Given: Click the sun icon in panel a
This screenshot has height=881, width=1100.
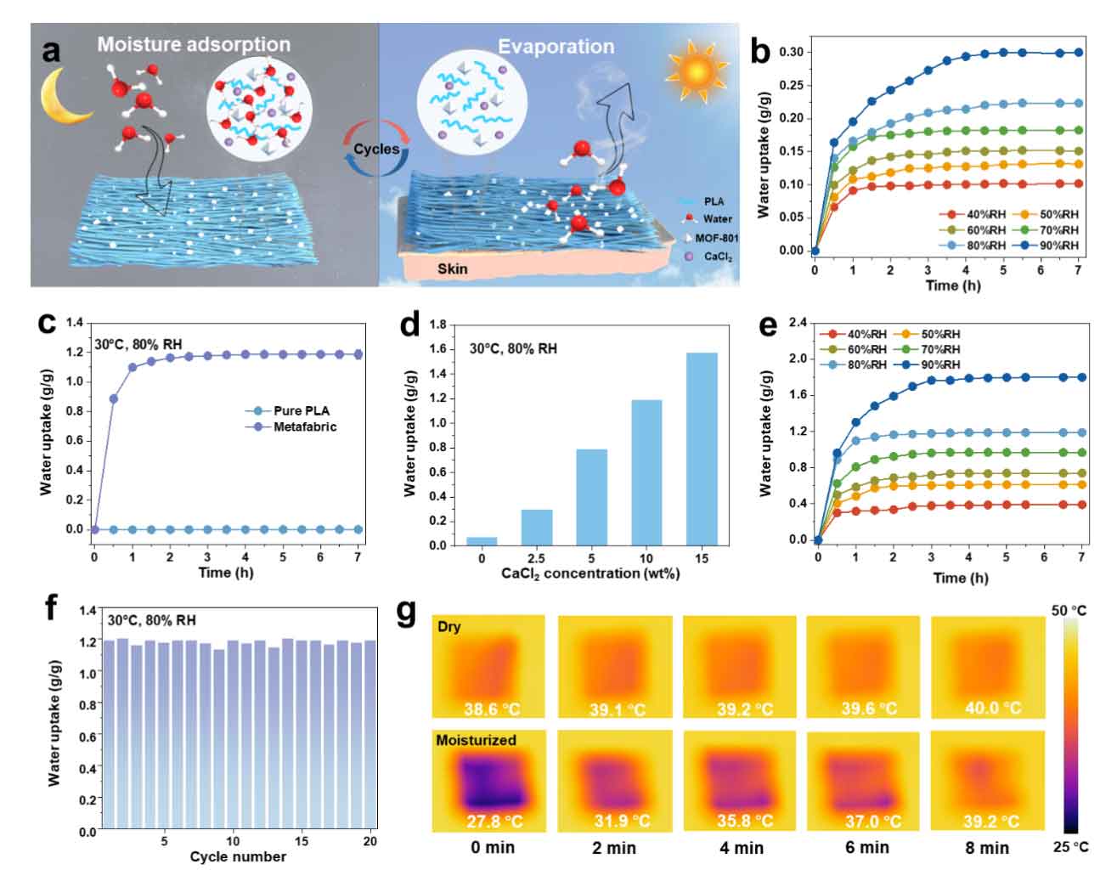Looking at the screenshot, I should [697, 71].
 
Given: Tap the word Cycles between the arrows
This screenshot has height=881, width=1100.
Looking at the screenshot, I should [376, 150].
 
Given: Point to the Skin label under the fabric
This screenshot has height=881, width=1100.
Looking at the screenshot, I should [452, 269].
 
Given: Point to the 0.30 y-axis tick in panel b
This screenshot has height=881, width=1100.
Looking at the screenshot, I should [791, 52].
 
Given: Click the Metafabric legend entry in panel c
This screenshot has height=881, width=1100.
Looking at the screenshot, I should [304, 426].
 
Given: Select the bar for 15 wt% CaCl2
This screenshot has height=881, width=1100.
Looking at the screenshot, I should [701, 449].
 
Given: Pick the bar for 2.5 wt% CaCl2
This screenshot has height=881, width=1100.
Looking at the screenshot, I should [536, 527].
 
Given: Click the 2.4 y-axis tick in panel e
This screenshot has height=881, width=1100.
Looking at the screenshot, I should [796, 323].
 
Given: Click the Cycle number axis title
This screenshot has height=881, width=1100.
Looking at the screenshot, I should [238, 856].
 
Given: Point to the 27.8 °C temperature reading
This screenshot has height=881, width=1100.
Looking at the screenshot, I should [493, 822].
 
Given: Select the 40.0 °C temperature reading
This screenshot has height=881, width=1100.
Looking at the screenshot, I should [993, 708].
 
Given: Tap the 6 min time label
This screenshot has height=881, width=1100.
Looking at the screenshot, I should [866, 847].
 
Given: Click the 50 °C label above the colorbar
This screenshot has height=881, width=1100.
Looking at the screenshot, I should [1068, 611].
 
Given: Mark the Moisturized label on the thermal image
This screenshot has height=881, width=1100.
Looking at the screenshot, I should [476, 740].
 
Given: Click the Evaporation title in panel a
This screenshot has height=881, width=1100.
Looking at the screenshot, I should [556, 47].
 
